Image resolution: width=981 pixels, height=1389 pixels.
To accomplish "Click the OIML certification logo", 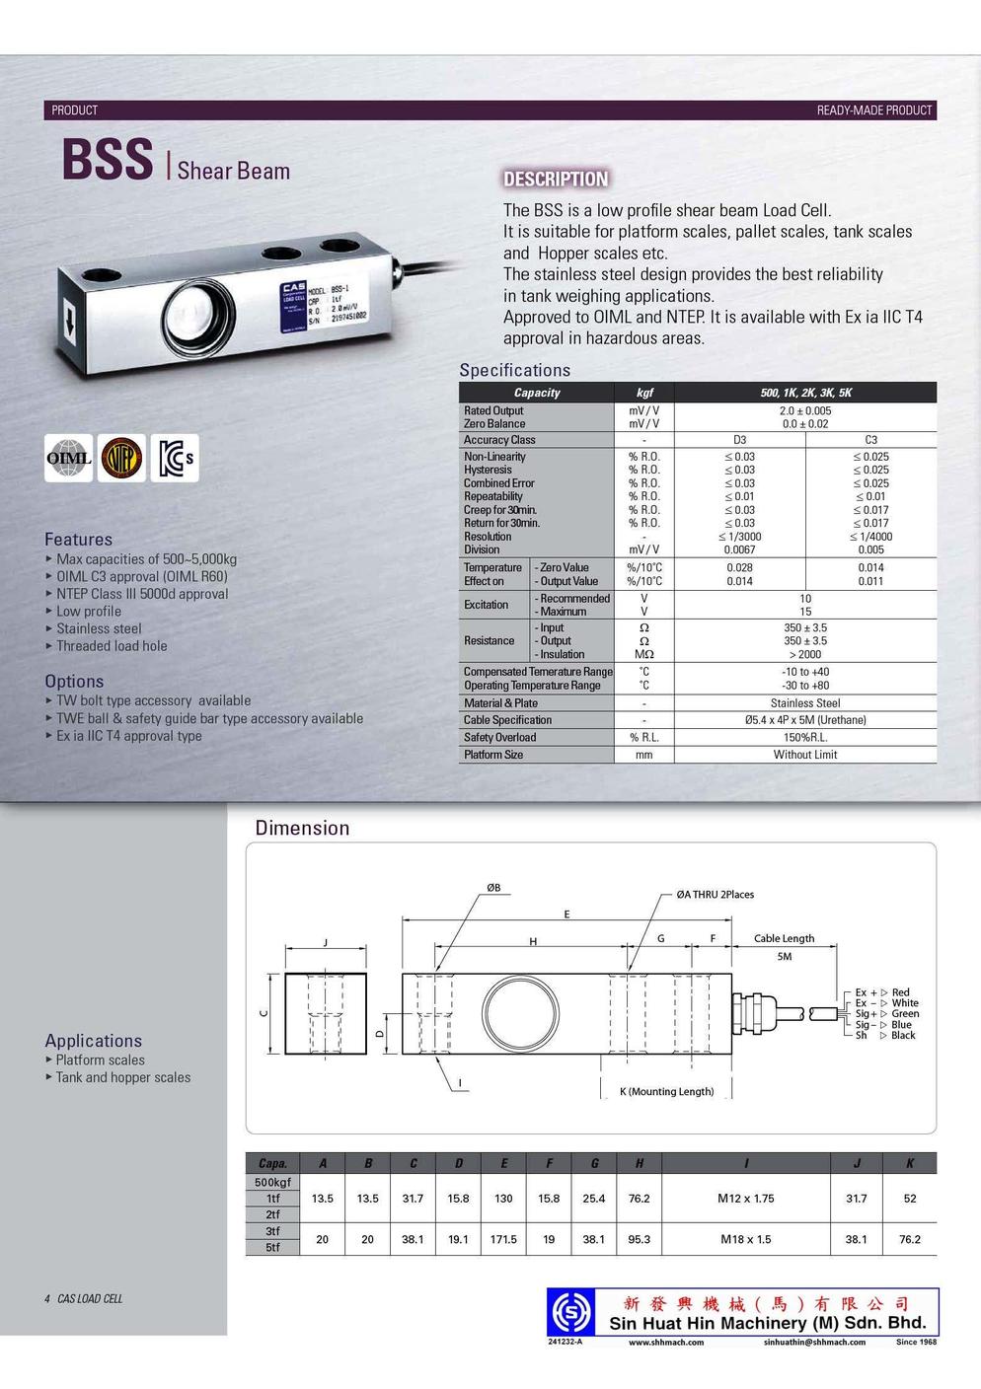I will (69, 458).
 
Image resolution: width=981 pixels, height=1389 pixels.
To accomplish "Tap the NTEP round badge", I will (121, 458).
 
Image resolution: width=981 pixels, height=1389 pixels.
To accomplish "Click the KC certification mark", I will (175, 458).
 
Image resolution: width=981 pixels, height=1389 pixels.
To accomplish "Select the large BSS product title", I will (108, 160).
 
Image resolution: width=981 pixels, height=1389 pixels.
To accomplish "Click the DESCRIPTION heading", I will (556, 180).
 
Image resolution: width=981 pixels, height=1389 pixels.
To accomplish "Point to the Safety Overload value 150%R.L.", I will (805, 737).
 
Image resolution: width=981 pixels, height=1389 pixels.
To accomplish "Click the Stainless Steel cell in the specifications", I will (805, 703).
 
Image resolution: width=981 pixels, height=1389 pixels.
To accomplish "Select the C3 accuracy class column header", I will (870, 440).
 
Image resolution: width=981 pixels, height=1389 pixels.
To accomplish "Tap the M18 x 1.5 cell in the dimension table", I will (745, 1239).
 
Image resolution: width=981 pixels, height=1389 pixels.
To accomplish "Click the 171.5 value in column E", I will (503, 1239).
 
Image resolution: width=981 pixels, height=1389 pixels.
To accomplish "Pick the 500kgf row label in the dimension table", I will (272, 1182).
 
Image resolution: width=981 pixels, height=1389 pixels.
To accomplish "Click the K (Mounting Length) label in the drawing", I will (666, 1092).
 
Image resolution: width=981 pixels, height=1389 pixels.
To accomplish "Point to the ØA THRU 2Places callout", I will (715, 895).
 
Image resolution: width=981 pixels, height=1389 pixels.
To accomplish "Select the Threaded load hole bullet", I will (112, 646).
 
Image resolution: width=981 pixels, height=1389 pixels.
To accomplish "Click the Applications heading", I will (93, 1041).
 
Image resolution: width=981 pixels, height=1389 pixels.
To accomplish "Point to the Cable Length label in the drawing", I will (784, 938).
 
